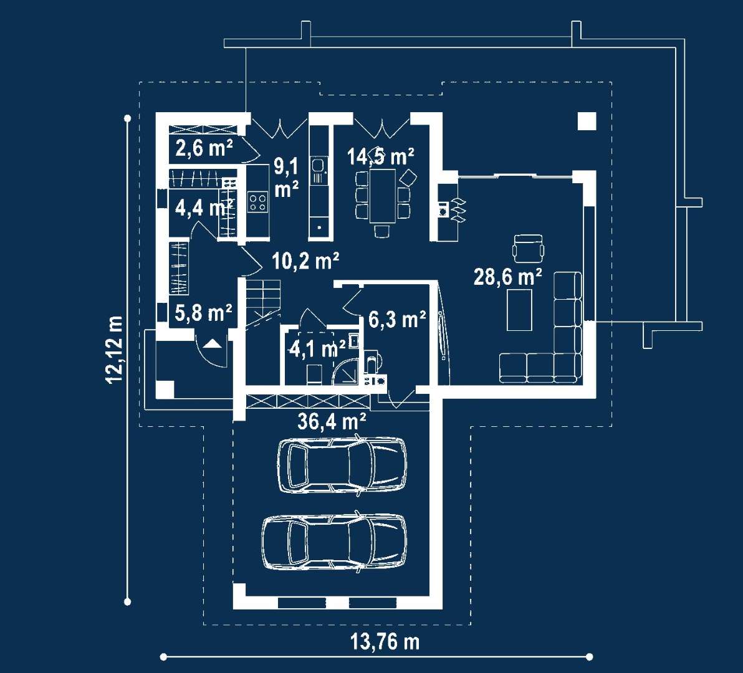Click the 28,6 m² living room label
(x=507, y=277)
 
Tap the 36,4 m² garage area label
(x=332, y=421)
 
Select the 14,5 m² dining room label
(x=380, y=156)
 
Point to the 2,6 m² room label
(x=204, y=148)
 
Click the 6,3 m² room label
(x=397, y=320)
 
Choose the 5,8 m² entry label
(x=203, y=313)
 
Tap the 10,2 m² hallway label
(x=305, y=260)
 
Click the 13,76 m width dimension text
(x=385, y=642)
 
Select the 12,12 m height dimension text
(x=115, y=349)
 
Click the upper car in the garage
(x=342, y=465)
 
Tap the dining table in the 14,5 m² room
(x=382, y=196)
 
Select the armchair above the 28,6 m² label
(x=528, y=248)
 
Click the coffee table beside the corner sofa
(x=519, y=310)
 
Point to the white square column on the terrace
(x=587, y=122)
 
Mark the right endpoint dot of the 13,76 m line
(x=590, y=657)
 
